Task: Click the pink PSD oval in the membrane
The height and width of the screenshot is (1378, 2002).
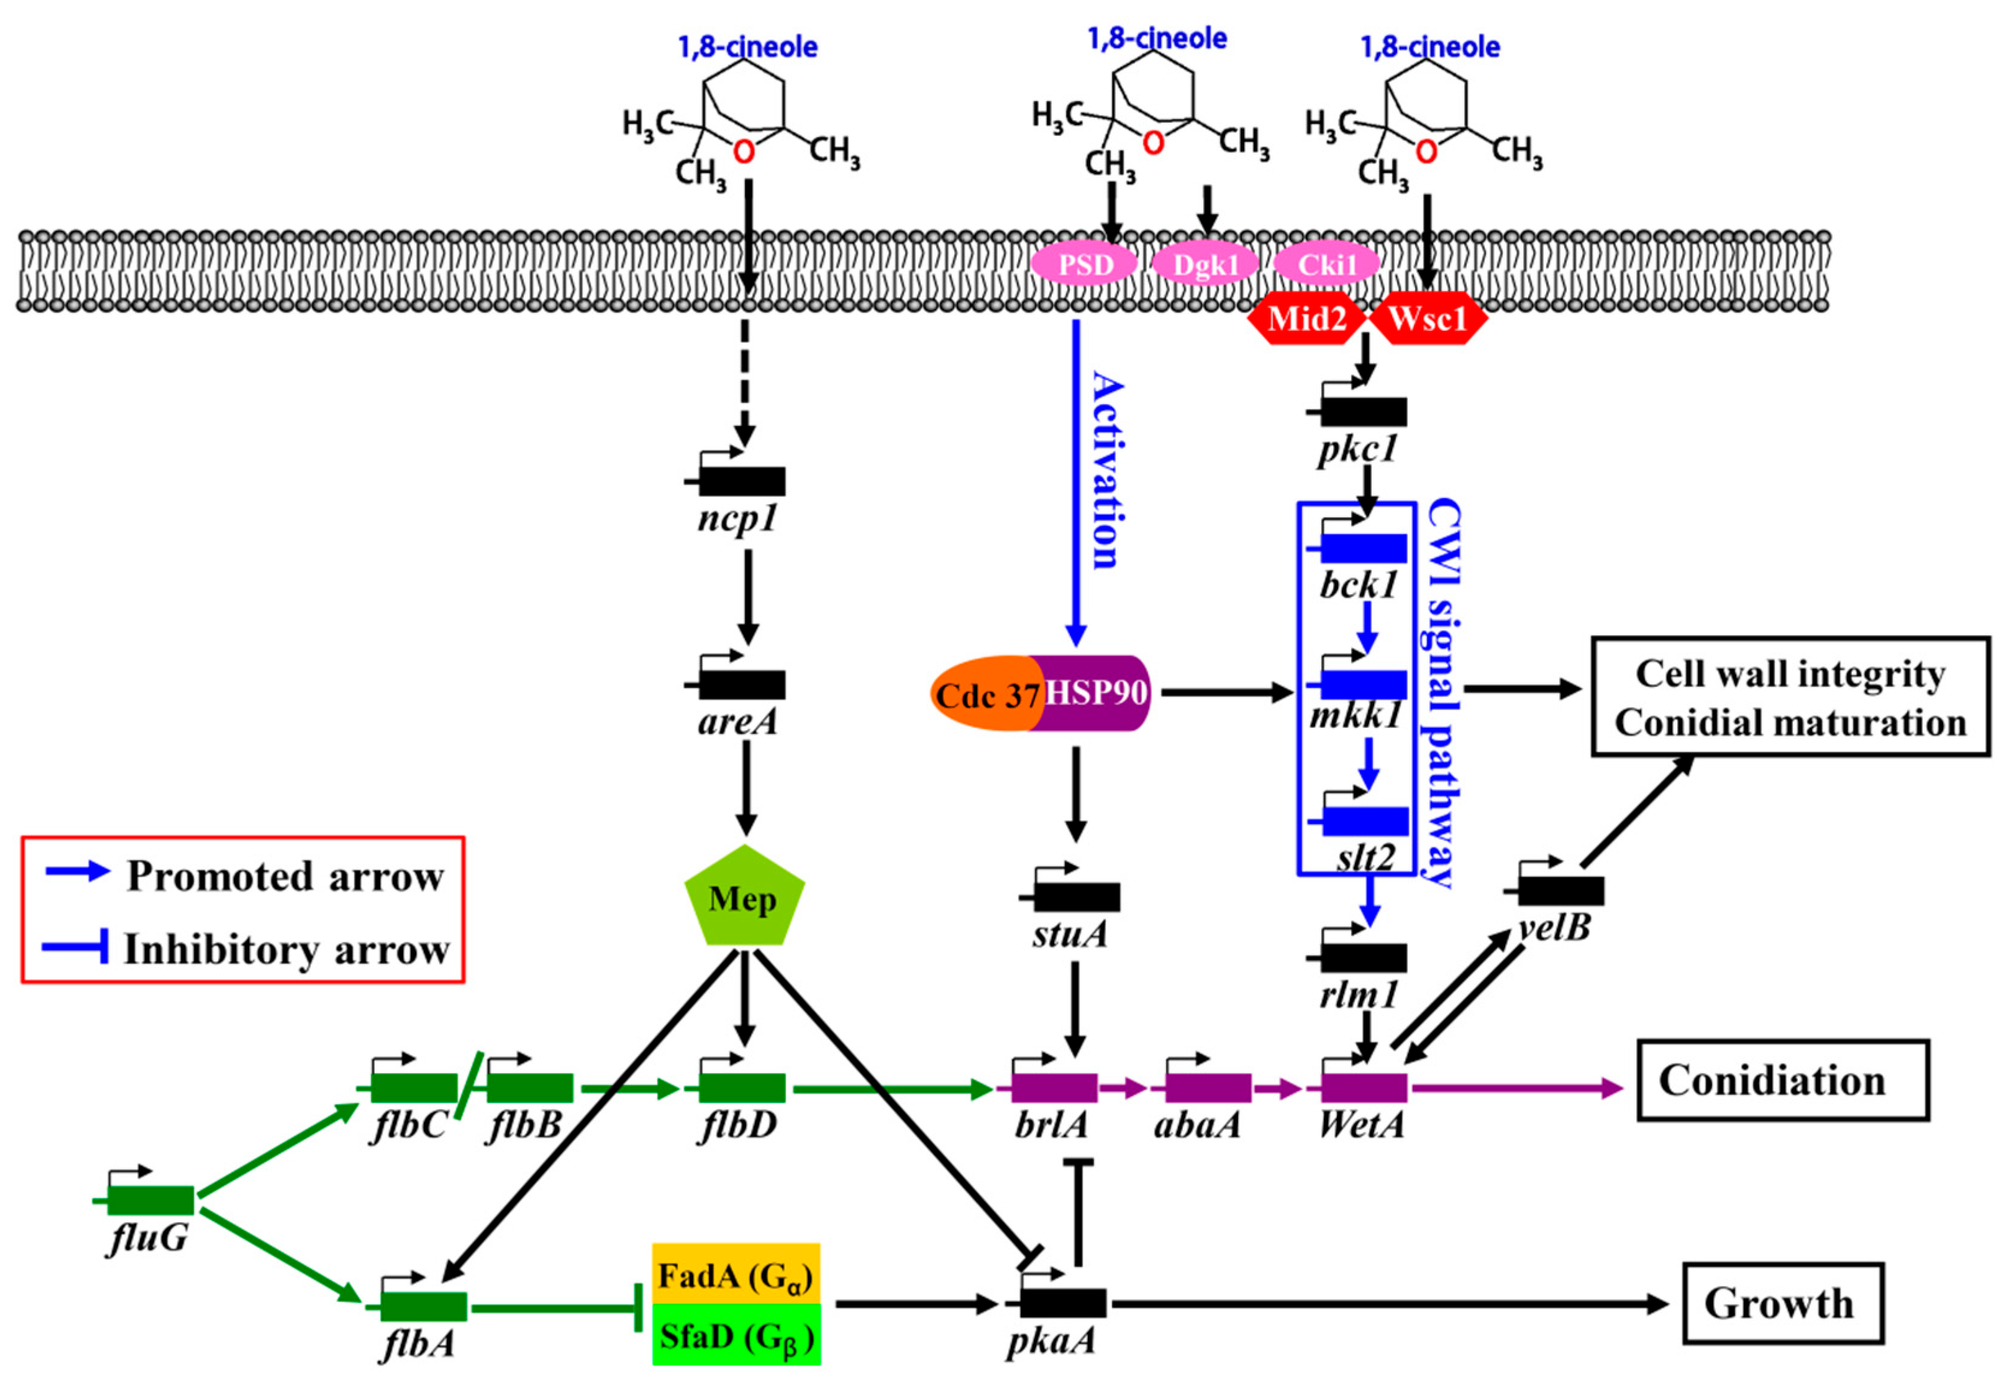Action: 1084,264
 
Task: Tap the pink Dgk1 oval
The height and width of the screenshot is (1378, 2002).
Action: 1205,264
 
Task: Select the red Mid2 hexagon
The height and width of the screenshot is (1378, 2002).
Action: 1306,319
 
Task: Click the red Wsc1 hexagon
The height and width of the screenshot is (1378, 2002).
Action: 1428,319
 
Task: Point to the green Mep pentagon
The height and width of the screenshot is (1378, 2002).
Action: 743,899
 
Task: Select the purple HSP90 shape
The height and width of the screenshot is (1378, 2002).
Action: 1096,692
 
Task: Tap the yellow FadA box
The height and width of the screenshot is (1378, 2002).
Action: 735,1273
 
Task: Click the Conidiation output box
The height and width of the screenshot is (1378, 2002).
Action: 1782,1080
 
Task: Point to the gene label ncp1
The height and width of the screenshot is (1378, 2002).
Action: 738,519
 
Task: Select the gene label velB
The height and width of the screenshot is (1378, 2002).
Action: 1554,928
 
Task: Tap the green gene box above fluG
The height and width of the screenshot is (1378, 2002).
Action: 150,1200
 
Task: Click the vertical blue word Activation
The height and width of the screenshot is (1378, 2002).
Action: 1108,470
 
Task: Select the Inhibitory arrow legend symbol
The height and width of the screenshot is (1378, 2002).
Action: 76,947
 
